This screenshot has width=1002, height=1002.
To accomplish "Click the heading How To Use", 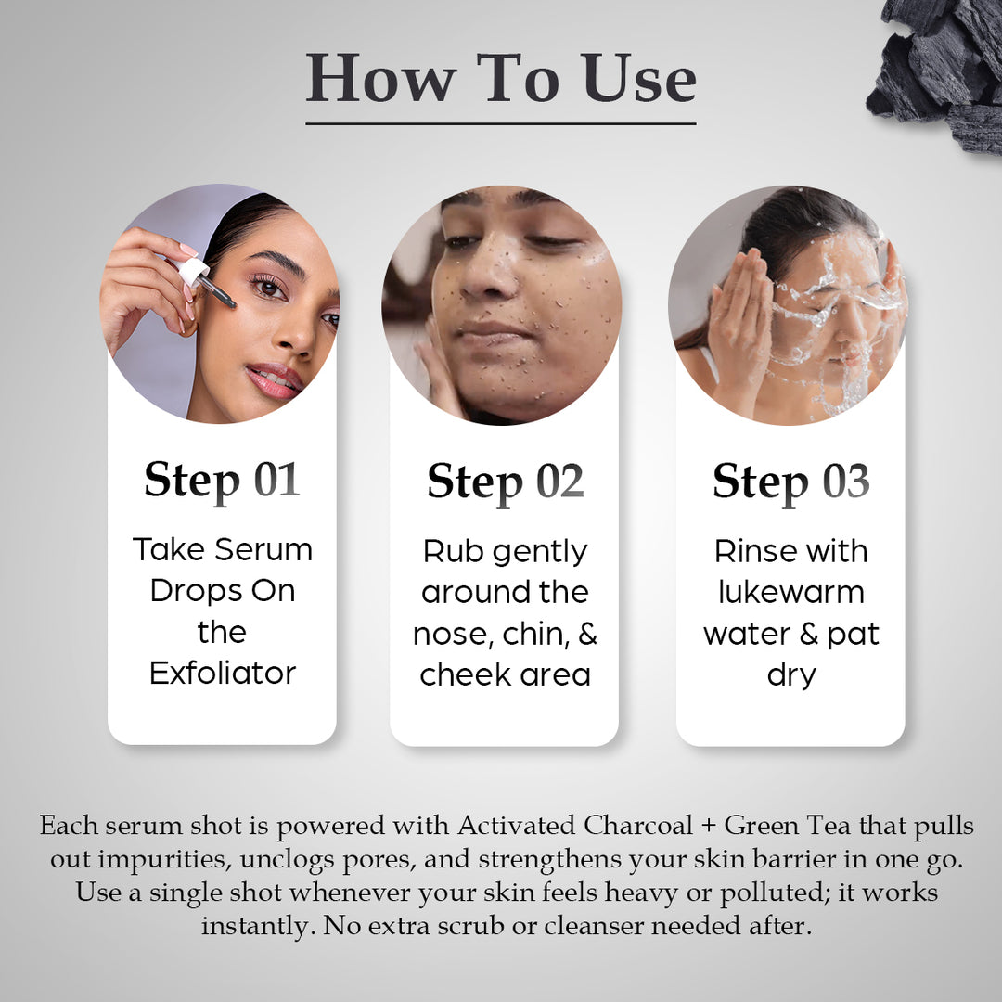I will tap(501, 78).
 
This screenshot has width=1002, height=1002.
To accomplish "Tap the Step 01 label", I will tap(222, 481).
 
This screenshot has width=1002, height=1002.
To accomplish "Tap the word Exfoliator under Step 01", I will tap(223, 673).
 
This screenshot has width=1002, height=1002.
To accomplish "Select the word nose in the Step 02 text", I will tap(451, 634).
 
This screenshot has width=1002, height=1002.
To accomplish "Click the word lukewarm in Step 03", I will tap(790, 592).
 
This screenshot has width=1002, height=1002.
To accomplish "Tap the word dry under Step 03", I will tap(790, 674).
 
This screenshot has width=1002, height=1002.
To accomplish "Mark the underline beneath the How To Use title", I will tap(501, 122).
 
